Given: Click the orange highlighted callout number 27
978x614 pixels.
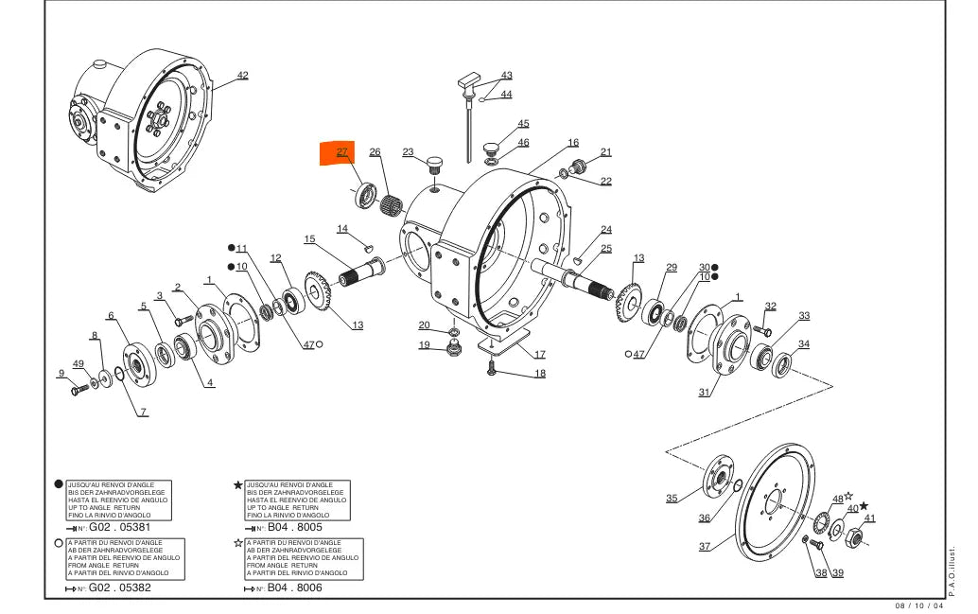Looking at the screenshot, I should (x=341, y=152).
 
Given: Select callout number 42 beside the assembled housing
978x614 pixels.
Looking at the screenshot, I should (x=242, y=75).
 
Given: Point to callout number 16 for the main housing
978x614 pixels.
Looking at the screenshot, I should (x=573, y=143).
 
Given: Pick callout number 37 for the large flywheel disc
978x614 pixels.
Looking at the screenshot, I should (x=705, y=547).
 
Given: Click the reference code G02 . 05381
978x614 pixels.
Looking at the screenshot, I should (x=120, y=526).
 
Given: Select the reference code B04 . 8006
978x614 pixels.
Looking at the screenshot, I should (x=294, y=588).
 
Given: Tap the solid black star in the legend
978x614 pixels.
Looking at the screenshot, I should (x=238, y=485).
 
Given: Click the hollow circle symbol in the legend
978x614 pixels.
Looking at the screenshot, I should (x=60, y=543).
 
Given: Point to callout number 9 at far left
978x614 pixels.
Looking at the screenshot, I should (x=61, y=373).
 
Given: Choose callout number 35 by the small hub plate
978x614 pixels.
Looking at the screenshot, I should (x=672, y=499).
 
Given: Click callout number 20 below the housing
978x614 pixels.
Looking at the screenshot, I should (x=425, y=325).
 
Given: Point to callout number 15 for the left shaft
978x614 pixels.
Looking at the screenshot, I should (x=309, y=238).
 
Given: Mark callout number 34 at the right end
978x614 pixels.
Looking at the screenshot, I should (x=803, y=344).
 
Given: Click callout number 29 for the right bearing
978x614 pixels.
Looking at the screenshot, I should (x=671, y=268).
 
